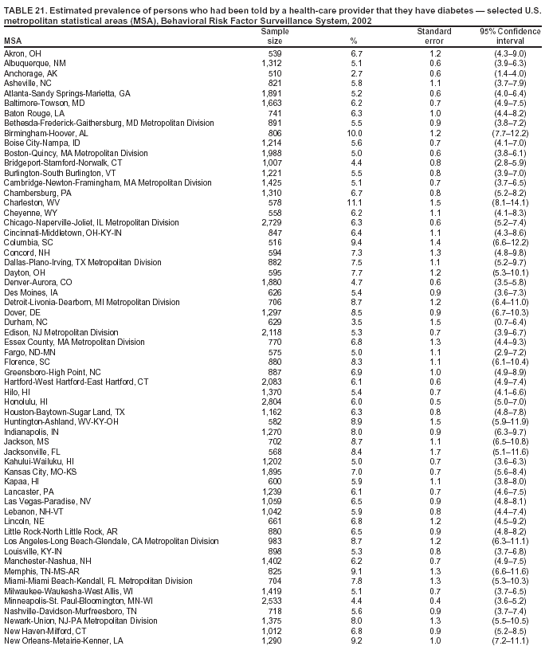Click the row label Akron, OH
coord(22,53)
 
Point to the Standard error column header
coord(434,35)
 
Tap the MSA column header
coord(13,41)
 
